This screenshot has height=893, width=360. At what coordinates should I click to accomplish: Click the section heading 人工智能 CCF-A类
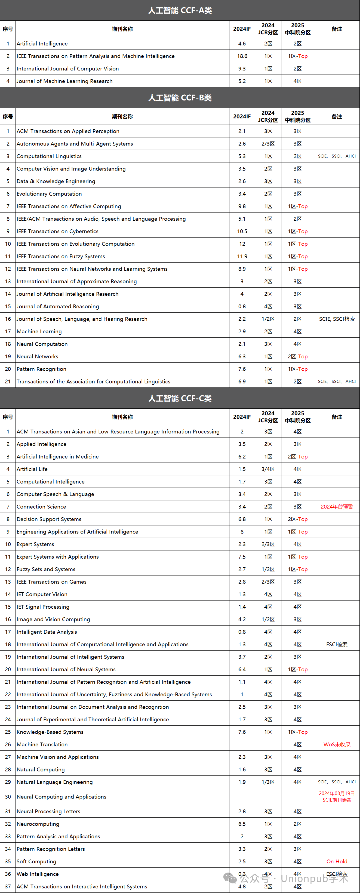(x=180, y=10)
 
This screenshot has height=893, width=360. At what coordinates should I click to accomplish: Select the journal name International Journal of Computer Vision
(x=68, y=69)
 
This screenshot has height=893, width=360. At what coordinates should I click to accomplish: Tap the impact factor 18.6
(x=242, y=56)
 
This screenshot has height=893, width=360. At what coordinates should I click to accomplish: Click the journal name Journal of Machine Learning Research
(x=65, y=81)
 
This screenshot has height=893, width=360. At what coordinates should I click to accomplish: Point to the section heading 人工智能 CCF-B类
(x=180, y=98)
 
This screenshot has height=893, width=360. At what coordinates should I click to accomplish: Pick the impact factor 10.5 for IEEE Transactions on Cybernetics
(x=242, y=232)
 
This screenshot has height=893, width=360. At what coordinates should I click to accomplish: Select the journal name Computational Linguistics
(x=49, y=156)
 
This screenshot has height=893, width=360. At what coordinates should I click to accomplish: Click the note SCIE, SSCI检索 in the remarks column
(x=336, y=319)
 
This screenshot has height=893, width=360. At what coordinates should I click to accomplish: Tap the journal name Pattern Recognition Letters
(x=51, y=849)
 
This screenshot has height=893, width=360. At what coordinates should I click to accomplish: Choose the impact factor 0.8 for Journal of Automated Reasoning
(x=242, y=306)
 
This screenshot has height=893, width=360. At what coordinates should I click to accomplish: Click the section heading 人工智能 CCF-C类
(x=180, y=398)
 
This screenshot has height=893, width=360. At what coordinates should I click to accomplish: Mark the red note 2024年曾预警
(x=336, y=507)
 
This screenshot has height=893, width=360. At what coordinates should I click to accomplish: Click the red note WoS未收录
(x=336, y=745)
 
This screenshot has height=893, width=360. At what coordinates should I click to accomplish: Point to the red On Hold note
(x=336, y=861)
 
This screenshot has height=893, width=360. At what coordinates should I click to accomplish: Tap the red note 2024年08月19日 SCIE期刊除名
(x=336, y=797)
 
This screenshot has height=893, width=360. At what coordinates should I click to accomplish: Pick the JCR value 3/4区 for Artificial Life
(x=268, y=469)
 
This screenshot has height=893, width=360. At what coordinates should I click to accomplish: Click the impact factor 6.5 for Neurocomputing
(x=242, y=824)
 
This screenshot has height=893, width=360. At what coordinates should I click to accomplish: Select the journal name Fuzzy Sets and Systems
(x=46, y=569)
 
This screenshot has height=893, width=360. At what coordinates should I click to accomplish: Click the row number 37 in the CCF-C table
(x=8, y=886)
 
